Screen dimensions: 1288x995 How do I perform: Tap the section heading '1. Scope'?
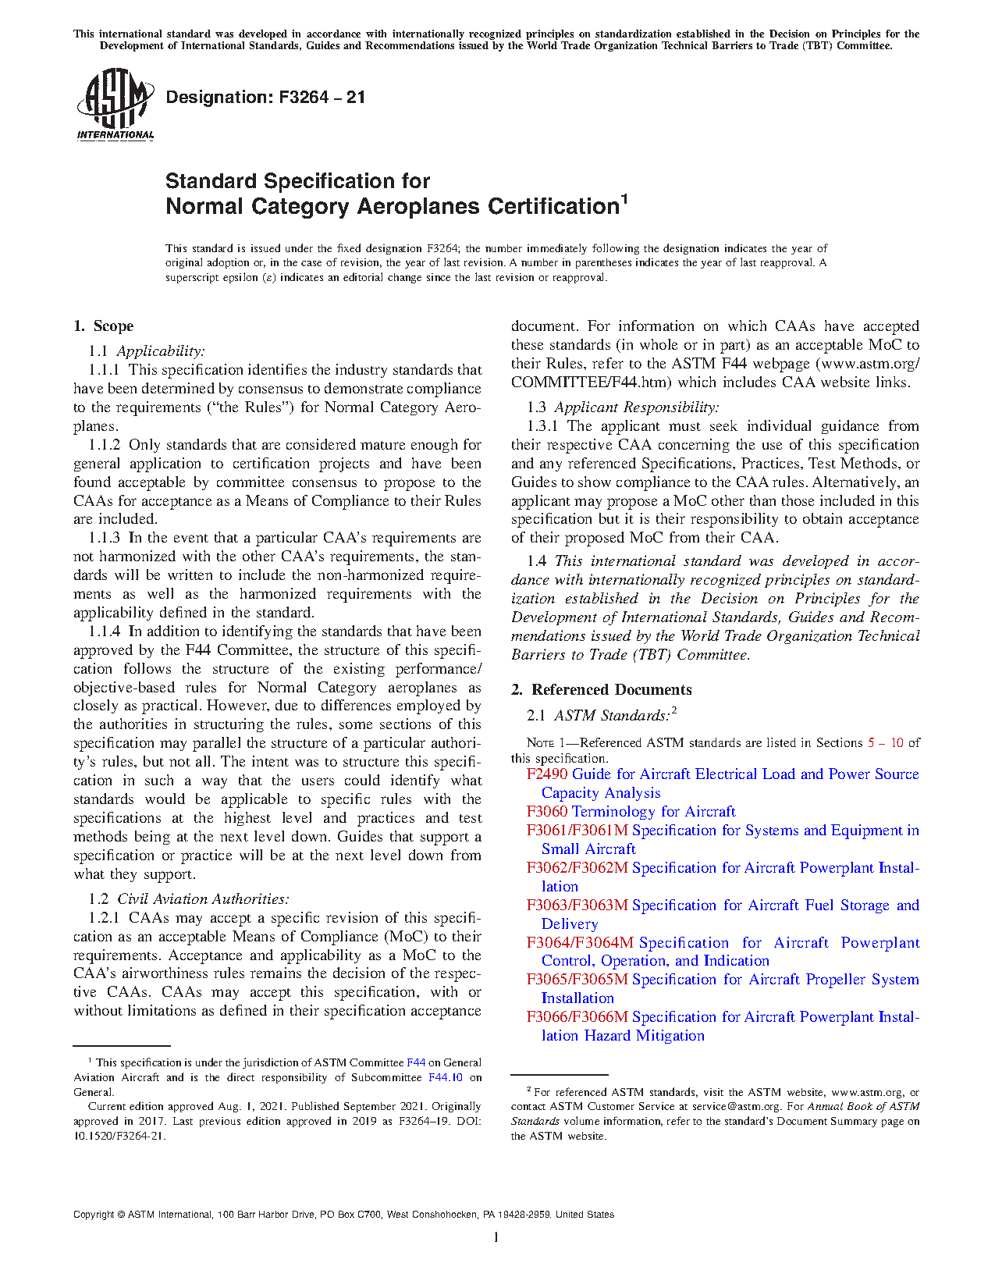click(103, 326)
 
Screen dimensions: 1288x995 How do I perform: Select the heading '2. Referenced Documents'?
click(602, 690)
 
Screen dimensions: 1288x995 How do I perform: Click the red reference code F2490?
click(547, 774)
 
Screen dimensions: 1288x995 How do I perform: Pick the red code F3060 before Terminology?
click(547, 812)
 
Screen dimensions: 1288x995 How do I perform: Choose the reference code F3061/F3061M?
click(577, 831)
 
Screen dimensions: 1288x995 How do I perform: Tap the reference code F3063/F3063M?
click(577, 906)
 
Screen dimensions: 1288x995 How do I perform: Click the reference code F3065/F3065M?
click(577, 980)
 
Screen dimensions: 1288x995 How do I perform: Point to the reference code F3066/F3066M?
click(577, 1017)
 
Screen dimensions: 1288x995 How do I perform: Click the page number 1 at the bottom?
click(496, 1237)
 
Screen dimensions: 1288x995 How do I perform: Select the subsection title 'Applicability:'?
click(161, 351)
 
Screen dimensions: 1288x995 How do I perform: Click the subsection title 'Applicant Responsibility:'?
click(637, 407)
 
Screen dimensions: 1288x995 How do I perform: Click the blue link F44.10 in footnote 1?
click(446, 1078)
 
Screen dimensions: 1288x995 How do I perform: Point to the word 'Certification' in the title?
click(553, 207)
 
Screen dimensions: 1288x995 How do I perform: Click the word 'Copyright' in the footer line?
click(94, 1215)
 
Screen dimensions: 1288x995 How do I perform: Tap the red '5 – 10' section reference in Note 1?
click(885, 743)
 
